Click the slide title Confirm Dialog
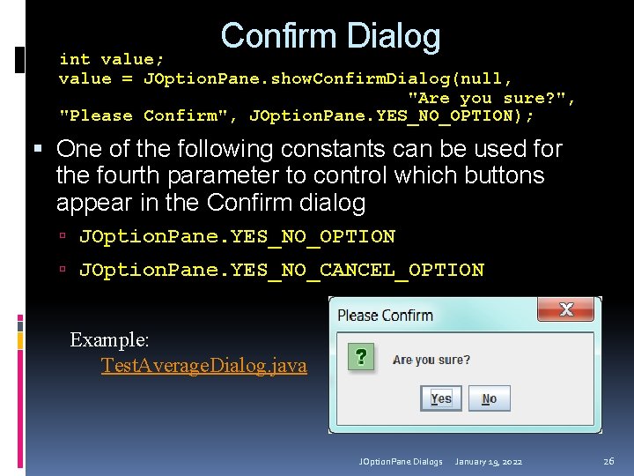tap(330, 36)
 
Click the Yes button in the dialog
tap(441, 398)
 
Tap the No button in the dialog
tap(489, 398)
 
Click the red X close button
tap(566, 309)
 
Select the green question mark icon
tap(359, 357)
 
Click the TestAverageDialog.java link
tap(203, 365)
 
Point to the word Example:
tap(109, 340)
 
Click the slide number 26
tap(608, 461)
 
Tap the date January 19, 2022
tap(489, 462)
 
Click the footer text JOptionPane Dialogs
tap(401, 462)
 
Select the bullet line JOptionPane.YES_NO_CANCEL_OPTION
tap(281, 270)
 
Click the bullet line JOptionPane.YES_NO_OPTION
tap(237, 236)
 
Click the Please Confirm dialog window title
tap(385, 315)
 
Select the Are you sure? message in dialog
tap(431, 360)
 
